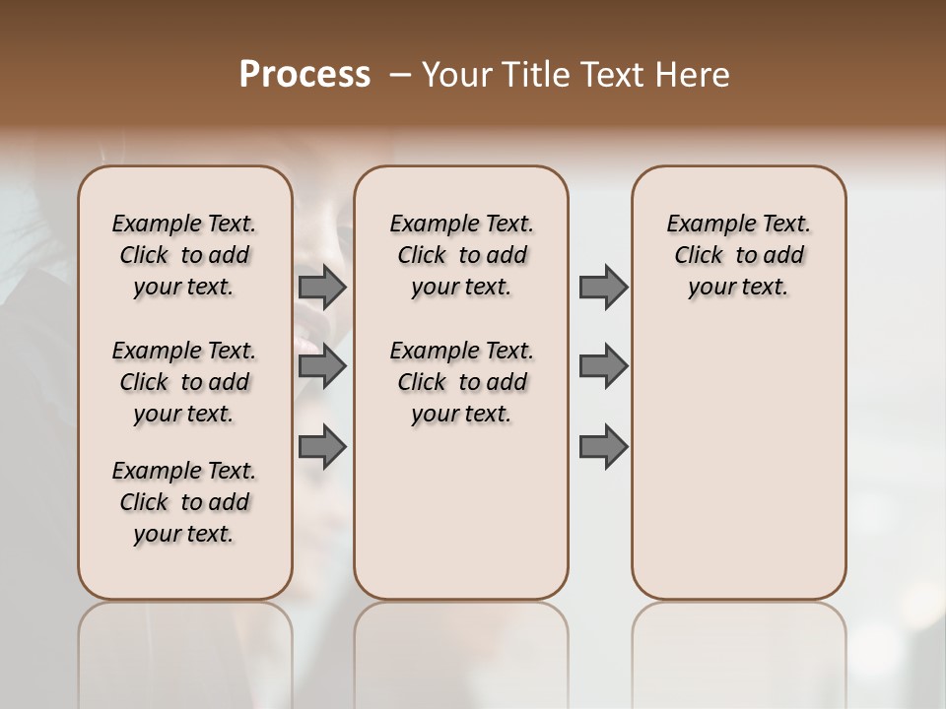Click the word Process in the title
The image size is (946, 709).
tap(304, 75)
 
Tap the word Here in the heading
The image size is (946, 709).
tap(694, 75)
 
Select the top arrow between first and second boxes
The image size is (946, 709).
tap(322, 287)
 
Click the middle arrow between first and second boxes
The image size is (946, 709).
tap(322, 366)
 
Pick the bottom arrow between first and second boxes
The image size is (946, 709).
tap(322, 446)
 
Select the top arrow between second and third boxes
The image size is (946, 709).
tap(603, 287)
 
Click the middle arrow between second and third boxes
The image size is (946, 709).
tap(603, 366)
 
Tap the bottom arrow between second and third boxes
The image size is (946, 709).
tap(603, 446)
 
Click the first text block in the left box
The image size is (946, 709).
tap(184, 255)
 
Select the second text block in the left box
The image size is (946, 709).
tap(184, 382)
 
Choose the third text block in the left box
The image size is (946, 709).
tap(184, 502)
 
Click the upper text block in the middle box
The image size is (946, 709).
tap(461, 255)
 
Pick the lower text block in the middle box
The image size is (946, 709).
tap(461, 382)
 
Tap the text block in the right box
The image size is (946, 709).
tap(738, 255)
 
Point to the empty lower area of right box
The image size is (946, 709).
tap(738, 463)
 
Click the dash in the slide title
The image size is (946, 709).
tap(400, 75)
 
